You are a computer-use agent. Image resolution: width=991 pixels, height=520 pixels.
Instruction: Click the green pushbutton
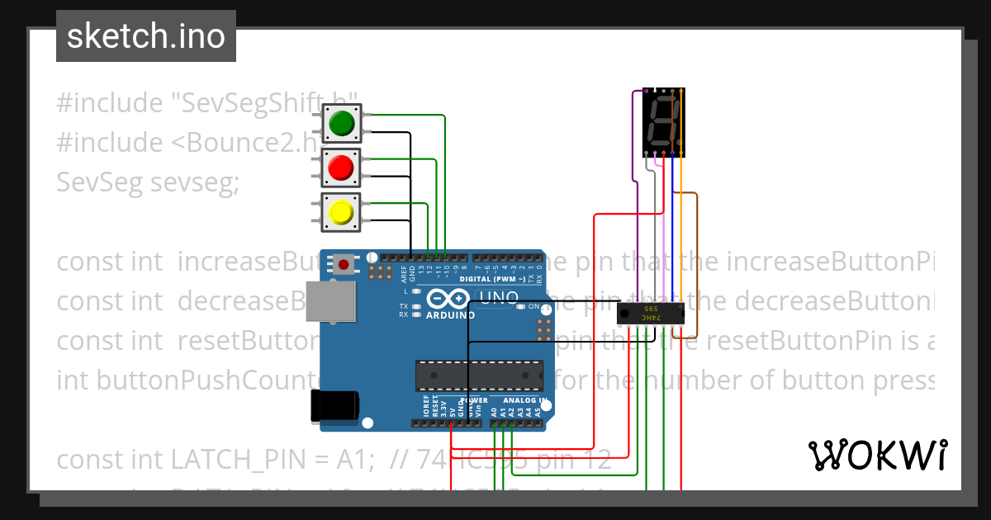pos(341,124)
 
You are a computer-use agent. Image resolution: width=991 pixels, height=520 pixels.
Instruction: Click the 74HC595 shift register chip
pos(652,315)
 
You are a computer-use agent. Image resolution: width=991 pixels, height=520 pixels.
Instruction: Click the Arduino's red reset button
pos(343,265)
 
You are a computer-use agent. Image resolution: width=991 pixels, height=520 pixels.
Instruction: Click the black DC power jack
pos(334,406)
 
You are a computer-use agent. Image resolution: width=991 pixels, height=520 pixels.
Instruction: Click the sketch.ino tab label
pos(146,36)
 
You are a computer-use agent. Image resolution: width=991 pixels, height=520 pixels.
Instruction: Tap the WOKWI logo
pos(877,455)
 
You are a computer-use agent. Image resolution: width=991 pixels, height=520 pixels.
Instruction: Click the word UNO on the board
pos(500,297)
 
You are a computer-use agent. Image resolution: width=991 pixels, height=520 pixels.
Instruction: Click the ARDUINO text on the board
pos(450,314)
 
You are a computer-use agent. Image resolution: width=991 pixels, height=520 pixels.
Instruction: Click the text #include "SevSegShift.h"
pos(206,104)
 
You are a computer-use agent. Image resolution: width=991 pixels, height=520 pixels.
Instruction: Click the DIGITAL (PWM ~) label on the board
pos(488,279)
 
